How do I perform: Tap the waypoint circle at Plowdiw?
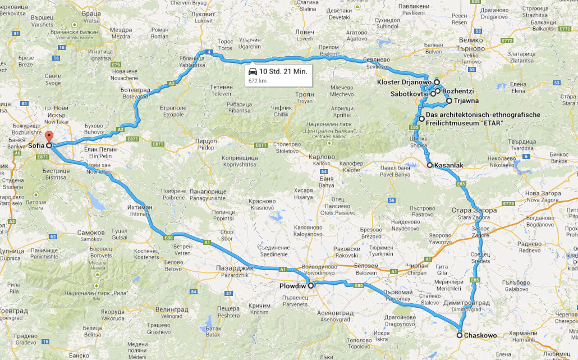point(311,285)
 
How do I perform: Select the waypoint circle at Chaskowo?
point(459,335)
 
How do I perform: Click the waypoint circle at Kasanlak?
point(429,165)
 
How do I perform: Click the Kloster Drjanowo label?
point(403,82)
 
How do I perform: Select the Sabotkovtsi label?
point(410,94)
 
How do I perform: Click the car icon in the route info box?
point(253,71)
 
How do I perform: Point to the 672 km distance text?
point(257,81)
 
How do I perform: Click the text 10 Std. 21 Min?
point(283,71)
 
